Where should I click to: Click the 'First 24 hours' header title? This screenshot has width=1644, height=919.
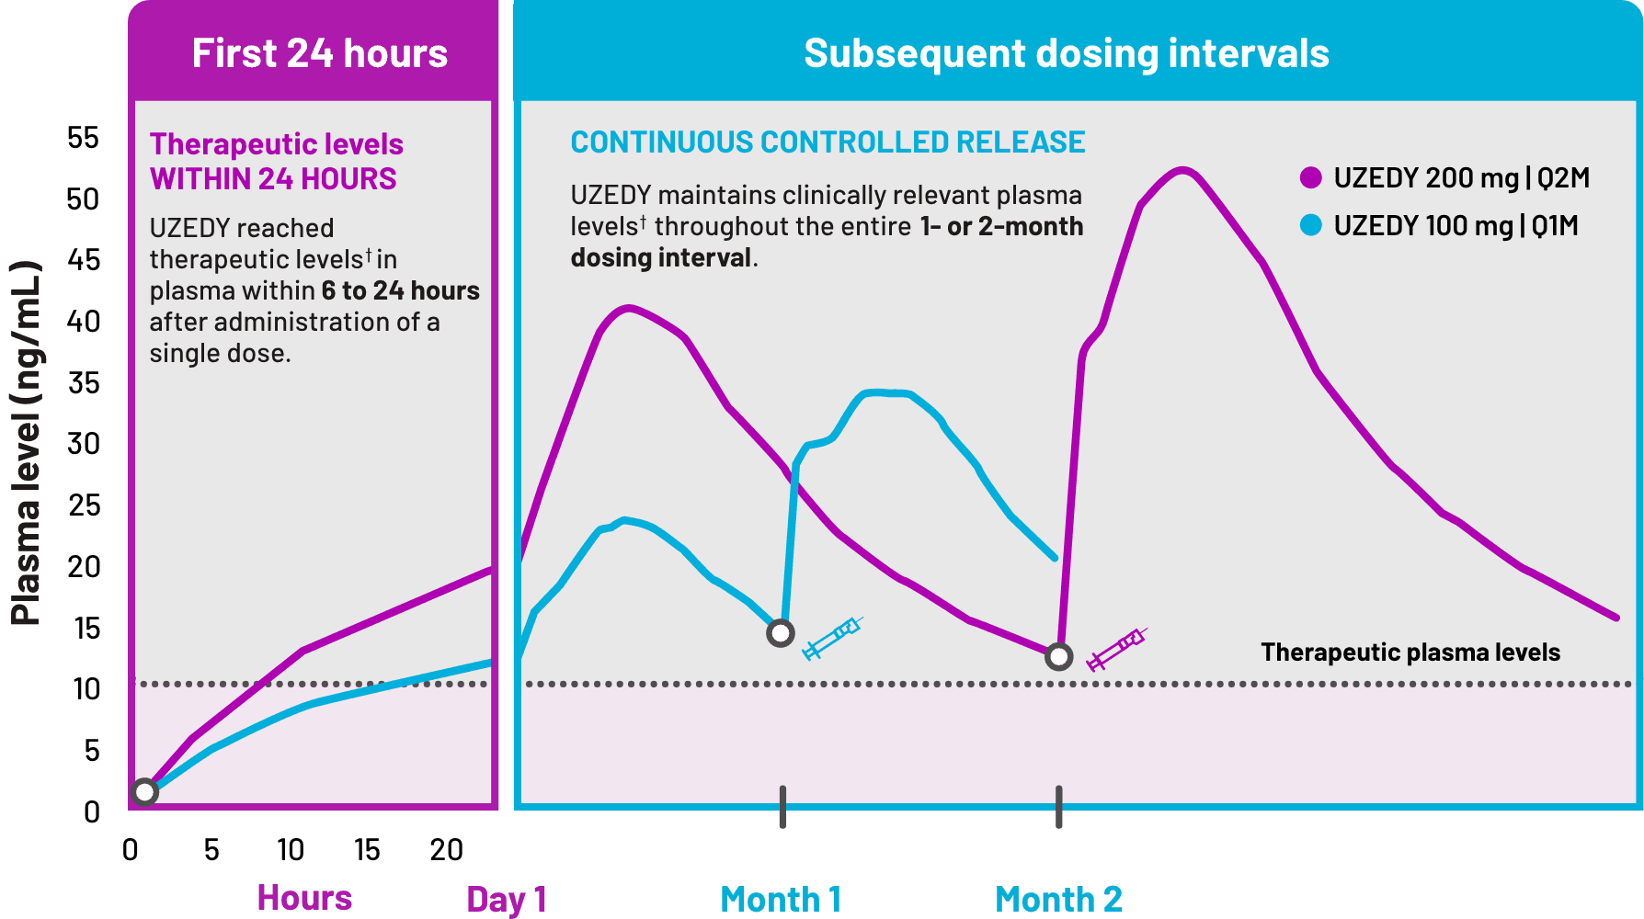click(x=319, y=53)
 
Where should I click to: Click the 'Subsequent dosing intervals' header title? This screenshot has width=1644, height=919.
click(x=1066, y=53)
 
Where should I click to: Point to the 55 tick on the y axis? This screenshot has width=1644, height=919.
click(x=83, y=138)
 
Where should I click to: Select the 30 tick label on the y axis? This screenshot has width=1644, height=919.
click(x=84, y=444)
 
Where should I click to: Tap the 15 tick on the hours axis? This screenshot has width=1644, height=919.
click(x=367, y=850)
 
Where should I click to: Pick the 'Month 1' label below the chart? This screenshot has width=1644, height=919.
click(x=781, y=899)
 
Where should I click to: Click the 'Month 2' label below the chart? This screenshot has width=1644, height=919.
click(x=1058, y=899)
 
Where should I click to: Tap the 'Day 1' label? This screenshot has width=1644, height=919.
click(x=507, y=899)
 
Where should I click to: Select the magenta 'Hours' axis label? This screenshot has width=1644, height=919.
click(x=304, y=897)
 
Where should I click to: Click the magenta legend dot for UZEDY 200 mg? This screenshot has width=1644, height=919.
click(x=1311, y=177)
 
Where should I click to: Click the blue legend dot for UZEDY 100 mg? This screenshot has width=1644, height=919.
click(x=1311, y=225)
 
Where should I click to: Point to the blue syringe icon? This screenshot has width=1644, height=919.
click(x=832, y=638)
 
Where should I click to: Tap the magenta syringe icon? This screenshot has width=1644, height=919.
click(x=1116, y=650)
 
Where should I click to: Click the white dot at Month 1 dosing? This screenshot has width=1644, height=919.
click(x=781, y=633)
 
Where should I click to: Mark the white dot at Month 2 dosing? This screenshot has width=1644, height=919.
click(x=1059, y=656)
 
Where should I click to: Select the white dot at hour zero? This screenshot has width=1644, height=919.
click(x=144, y=792)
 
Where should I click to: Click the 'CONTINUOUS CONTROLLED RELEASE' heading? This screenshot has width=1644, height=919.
click(x=828, y=142)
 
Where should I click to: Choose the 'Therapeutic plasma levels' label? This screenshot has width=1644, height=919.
click(x=1410, y=652)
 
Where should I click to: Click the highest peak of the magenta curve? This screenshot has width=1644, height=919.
click(x=1183, y=170)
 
